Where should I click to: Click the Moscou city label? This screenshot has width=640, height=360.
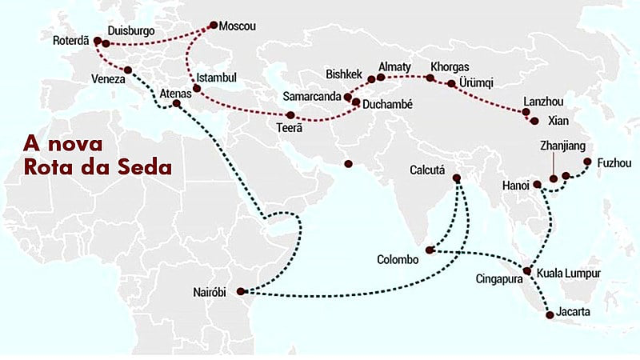(x=238, y=26)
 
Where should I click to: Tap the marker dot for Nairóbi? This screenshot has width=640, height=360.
(x=242, y=292)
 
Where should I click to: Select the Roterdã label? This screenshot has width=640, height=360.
(x=71, y=40)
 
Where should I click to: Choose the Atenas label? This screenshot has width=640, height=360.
(x=176, y=93)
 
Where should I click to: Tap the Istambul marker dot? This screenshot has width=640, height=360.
(x=197, y=88)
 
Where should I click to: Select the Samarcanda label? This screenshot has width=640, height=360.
(x=313, y=96)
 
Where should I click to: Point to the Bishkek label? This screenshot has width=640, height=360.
(x=345, y=74)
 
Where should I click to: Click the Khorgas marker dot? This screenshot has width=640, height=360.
(x=430, y=78)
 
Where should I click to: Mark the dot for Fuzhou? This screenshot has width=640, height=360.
(x=587, y=162)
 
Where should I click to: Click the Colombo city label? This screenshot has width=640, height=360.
(x=398, y=260)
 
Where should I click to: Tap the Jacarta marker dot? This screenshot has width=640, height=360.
(x=550, y=315)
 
